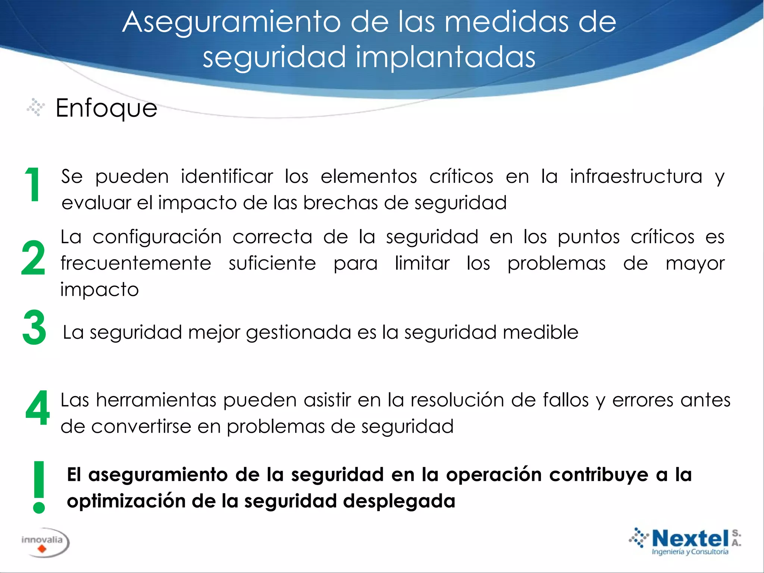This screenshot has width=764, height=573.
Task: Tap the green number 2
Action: [33, 258]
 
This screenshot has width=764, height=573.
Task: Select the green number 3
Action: [34, 328]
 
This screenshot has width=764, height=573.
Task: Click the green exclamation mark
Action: [39, 487]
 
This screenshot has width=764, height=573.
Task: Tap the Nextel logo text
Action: [690, 539]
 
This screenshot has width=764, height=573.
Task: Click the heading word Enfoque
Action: [106, 109]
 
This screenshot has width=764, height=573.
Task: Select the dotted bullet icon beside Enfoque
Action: [36, 107]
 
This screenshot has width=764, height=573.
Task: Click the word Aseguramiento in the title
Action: [231, 22]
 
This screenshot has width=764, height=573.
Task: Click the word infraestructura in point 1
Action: [636, 176]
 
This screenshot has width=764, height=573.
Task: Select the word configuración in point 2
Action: [157, 237]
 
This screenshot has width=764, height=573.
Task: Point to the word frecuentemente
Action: [136, 263]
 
